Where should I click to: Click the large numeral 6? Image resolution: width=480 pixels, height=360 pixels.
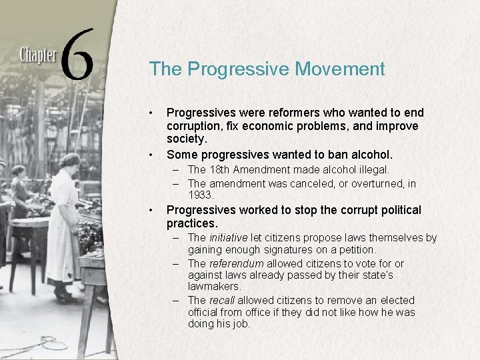click(78, 53)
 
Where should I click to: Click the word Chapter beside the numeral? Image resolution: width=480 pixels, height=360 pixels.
click(37, 55)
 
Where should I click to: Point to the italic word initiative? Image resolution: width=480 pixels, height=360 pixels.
click(228, 237)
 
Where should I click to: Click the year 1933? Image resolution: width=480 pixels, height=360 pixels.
click(201, 195)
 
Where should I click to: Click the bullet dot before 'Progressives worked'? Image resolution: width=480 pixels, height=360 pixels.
click(152, 210)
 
